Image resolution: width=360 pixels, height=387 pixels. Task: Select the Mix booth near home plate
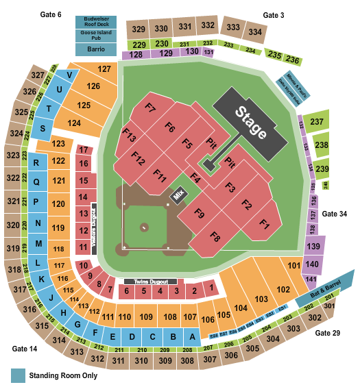179,195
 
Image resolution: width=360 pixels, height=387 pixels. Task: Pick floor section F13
128,134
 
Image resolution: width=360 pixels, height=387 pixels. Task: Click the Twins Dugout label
150,281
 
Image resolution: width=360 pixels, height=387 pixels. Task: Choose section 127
104,69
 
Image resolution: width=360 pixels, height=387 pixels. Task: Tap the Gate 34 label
335,214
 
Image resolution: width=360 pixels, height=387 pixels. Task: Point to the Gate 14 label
23,349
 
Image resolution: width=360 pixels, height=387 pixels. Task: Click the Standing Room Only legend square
16,375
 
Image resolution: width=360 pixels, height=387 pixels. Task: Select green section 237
316,122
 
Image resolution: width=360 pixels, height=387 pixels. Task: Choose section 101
294,265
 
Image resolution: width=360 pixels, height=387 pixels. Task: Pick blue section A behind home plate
193,336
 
